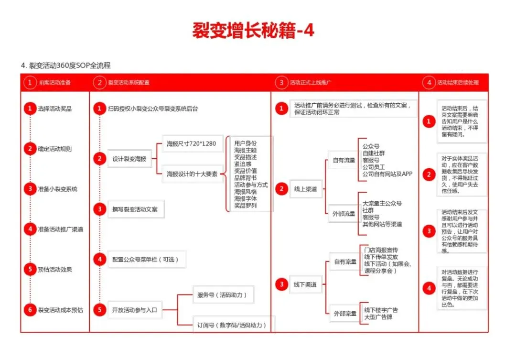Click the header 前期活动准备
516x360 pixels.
[x=55, y=83]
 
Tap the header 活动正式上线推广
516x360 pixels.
[x=311, y=83]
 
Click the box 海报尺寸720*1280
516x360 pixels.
[x=192, y=143]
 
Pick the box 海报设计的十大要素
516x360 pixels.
[x=192, y=174]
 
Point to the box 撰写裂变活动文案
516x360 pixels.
[x=136, y=209]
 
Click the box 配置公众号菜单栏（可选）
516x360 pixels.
[x=145, y=260]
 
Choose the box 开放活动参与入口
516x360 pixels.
[x=134, y=310]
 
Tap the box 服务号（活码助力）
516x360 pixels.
[x=222, y=295]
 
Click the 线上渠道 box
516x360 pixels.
[x=305, y=189]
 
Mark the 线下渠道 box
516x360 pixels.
[x=305, y=284]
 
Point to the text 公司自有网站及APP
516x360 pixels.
[x=387, y=174]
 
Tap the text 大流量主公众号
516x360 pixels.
[x=382, y=203]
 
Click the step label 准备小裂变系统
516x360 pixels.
[x=58, y=189]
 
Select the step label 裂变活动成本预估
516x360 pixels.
[x=61, y=310]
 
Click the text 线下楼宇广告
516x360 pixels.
[x=381, y=310]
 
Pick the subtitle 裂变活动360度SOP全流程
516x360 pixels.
[x=70, y=65]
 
